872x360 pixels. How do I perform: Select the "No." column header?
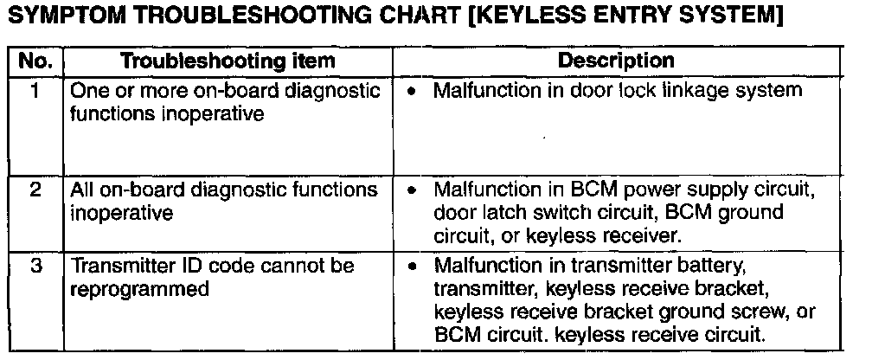[x=36, y=61]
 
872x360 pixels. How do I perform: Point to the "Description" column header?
[x=616, y=61]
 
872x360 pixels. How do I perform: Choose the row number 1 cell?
[x=36, y=89]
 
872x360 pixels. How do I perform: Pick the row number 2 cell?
[x=36, y=189]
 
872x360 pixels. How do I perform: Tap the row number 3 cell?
[x=36, y=266]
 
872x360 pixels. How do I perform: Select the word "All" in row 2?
[x=80, y=190]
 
